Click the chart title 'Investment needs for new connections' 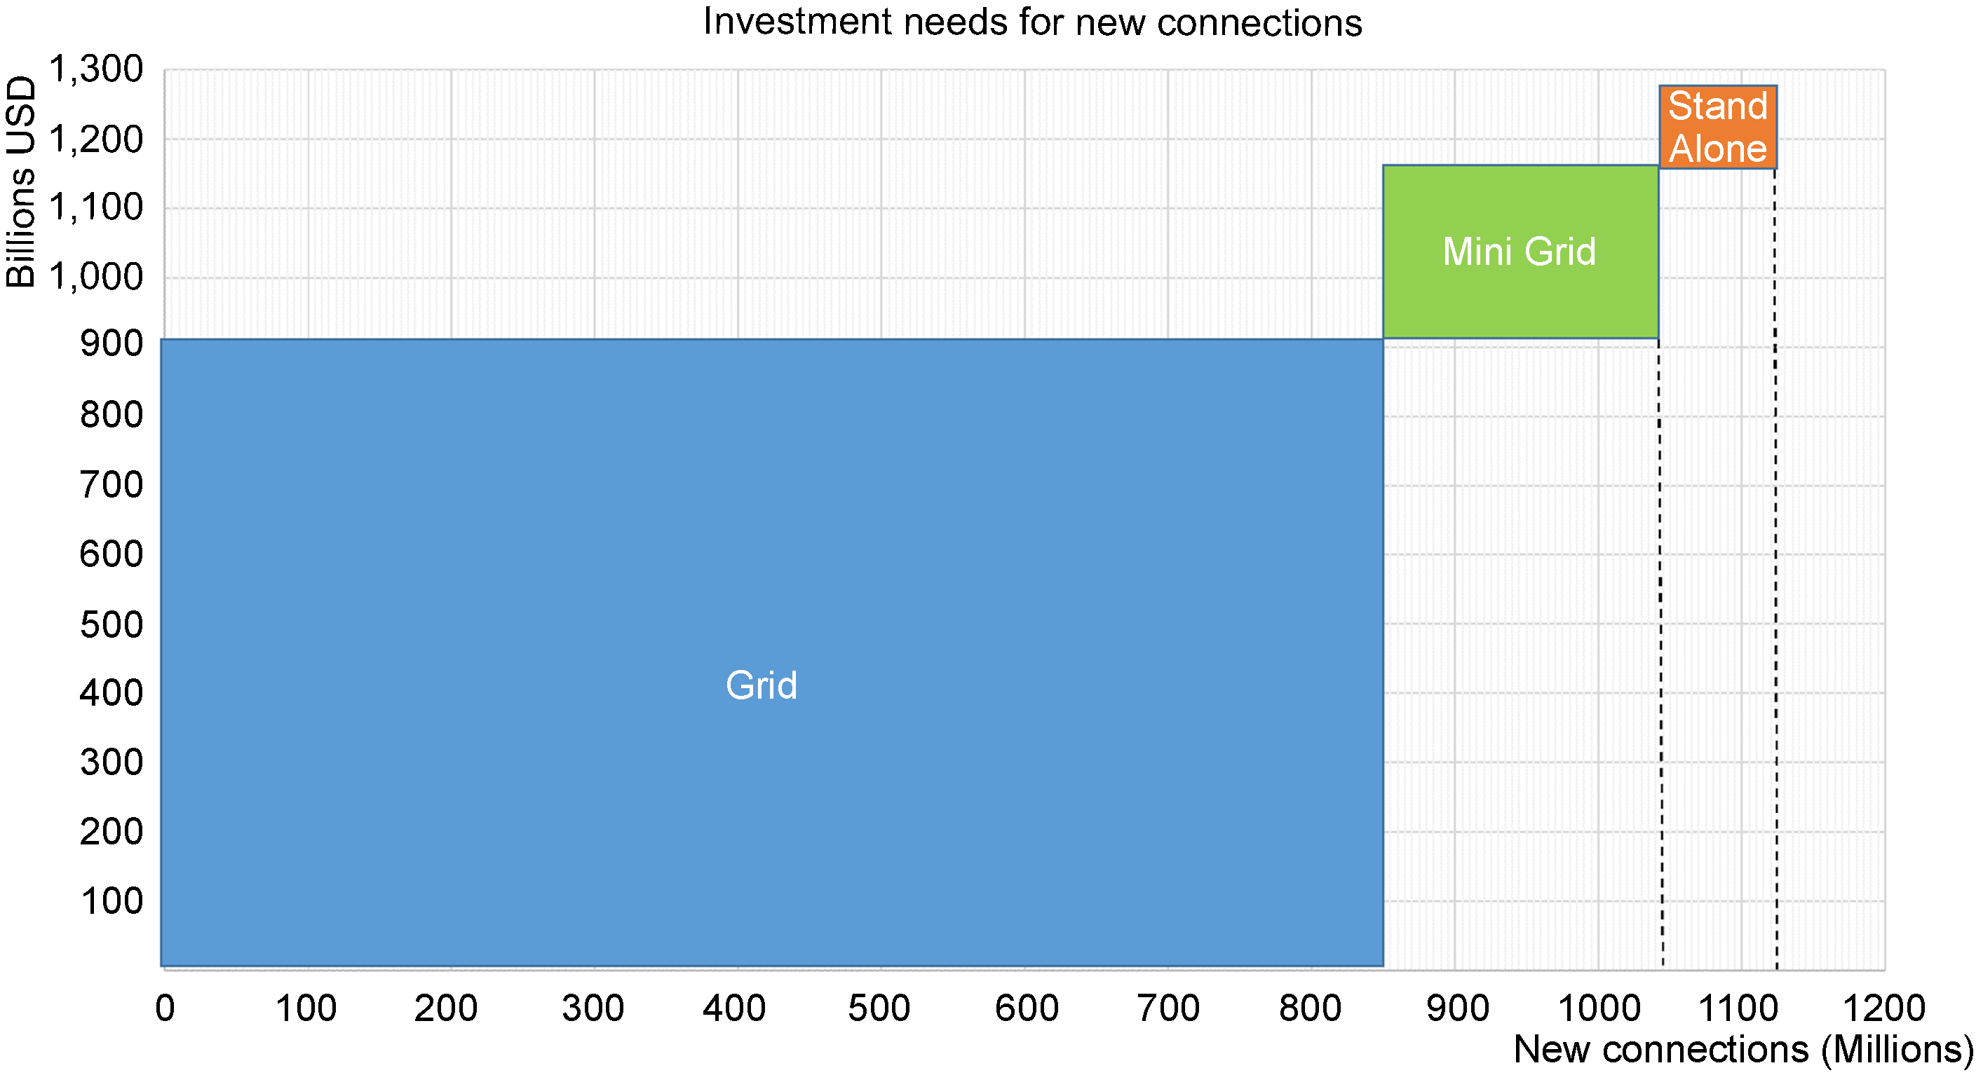[x=1032, y=22]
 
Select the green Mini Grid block [x=1520, y=252]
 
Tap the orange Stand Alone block [x=1717, y=127]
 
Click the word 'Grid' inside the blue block [x=762, y=685]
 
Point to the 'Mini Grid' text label [x=1519, y=252]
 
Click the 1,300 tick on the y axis [x=96, y=69]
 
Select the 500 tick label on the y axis [x=111, y=625]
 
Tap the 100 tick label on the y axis [x=111, y=901]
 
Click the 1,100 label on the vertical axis [x=96, y=208]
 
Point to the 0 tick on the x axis [x=165, y=1008]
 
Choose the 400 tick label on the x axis [x=734, y=1008]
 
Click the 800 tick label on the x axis [x=1310, y=1008]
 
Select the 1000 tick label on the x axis [x=1599, y=1008]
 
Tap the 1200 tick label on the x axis [x=1884, y=1008]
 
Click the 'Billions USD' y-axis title [x=21, y=182]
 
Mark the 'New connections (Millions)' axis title [x=1742, y=1050]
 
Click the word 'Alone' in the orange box [x=1718, y=148]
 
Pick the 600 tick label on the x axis [x=1027, y=1008]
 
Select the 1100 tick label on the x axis [x=1738, y=1008]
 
